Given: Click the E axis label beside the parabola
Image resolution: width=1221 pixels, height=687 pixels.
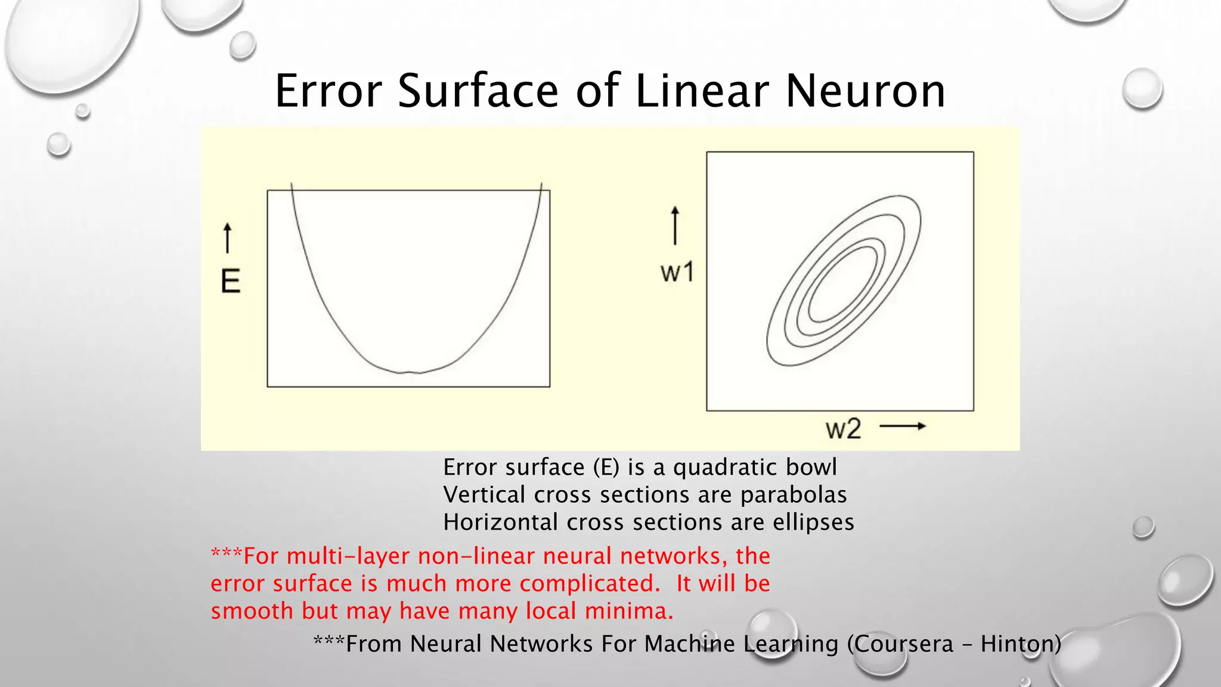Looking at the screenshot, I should click(x=231, y=281).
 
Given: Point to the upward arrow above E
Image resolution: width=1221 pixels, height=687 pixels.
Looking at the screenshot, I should click(x=227, y=237).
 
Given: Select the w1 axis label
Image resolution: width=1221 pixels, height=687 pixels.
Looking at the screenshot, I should click(x=677, y=273).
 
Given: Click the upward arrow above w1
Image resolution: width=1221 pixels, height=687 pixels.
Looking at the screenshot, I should click(x=675, y=225).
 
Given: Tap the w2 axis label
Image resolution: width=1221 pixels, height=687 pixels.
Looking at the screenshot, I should click(x=843, y=429).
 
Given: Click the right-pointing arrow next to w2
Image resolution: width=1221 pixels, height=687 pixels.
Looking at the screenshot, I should click(x=903, y=426).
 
